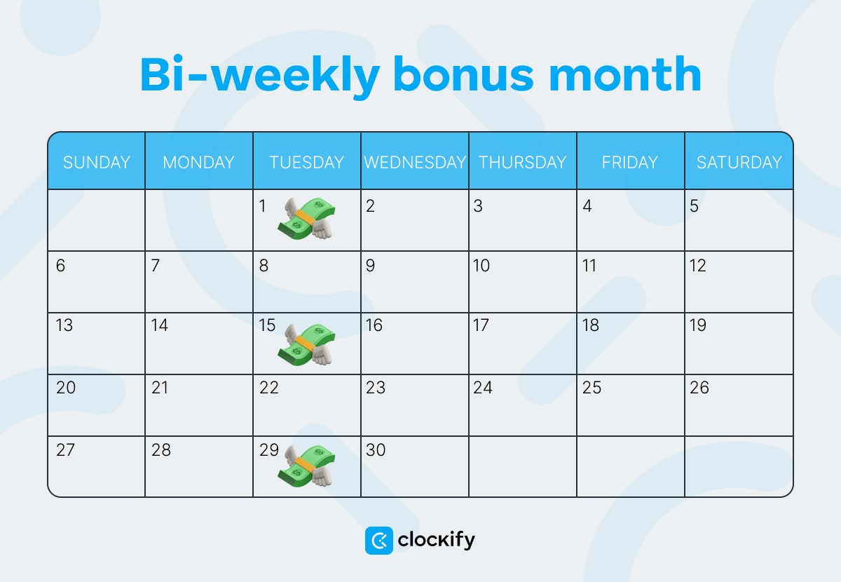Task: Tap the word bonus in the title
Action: tap(463, 74)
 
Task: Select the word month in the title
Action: tap(625, 74)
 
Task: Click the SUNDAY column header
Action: tap(97, 162)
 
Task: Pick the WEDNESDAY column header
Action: tap(415, 162)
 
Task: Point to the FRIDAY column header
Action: tap(630, 162)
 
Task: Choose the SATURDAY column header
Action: tap(739, 162)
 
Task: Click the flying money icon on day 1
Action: tap(306, 219)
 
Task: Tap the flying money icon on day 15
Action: tap(306, 344)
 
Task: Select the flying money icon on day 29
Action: tap(306, 466)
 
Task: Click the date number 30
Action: tap(376, 449)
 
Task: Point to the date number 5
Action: tap(694, 206)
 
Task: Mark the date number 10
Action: tap(481, 266)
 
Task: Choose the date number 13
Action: tap(64, 325)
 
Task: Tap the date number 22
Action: tap(269, 387)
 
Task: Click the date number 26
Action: tap(699, 387)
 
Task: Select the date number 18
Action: tap(590, 325)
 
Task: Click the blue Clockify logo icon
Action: tap(379, 541)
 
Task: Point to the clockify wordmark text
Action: tap(436, 541)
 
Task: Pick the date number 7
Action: tap(156, 266)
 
